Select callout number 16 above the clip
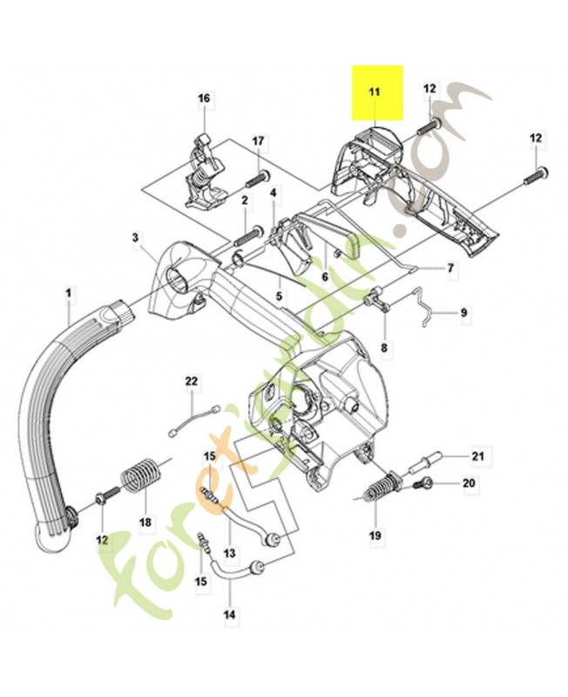pyautogui.click(x=204, y=98)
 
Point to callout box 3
pyautogui.click(x=135, y=237)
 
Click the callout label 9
pyautogui.click(x=463, y=312)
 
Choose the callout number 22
pyautogui.click(x=192, y=381)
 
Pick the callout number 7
pyautogui.click(x=450, y=268)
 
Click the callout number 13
pyautogui.click(x=230, y=552)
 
